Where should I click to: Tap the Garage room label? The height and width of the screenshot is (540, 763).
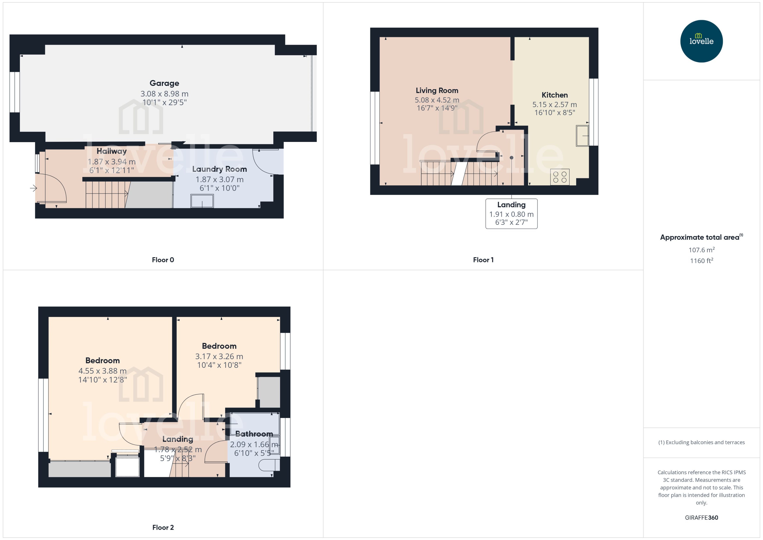pyautogui.click(x=164, y=83)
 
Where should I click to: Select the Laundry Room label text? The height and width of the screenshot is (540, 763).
pyautogui.click(x=220, y=169)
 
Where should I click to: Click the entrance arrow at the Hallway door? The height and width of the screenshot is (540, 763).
pyautogui.click(x=33, y=188)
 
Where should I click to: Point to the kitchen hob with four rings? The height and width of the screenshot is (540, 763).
pyautogui.click(x=560, y=177)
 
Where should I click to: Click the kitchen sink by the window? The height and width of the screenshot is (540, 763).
pyautogui.click(x=582, y=135)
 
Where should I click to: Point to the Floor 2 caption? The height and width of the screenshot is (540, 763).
pyautogui.click(x=163, y=527)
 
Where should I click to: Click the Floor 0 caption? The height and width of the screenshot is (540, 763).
pyautogui.click(x=163, y=260)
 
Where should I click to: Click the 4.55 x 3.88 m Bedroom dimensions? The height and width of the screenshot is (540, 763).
pyautogui.click(x=102, y=371)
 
